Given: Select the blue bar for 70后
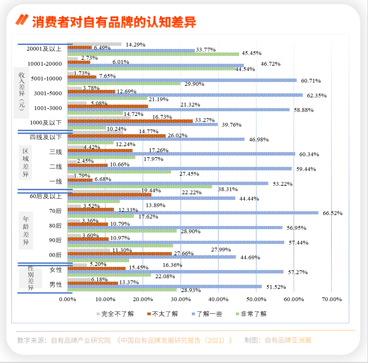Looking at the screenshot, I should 193,213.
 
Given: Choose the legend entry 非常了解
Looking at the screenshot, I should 253,314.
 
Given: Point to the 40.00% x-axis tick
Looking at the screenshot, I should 218,299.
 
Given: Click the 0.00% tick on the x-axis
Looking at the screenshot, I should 68,299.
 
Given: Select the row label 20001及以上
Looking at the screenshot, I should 44,49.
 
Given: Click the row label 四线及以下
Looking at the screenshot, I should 46,137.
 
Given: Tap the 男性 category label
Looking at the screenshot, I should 56,285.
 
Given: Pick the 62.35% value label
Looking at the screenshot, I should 317,96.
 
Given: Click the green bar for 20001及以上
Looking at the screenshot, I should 153,54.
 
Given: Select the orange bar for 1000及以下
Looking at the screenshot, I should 130,121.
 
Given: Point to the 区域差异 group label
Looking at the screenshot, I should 26,163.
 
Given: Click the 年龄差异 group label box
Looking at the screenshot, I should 26,231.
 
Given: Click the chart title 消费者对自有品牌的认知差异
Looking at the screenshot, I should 114,22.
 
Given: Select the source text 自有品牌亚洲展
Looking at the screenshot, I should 288,340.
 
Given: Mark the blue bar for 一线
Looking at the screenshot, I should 168,183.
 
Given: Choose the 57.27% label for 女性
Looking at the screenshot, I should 298,272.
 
